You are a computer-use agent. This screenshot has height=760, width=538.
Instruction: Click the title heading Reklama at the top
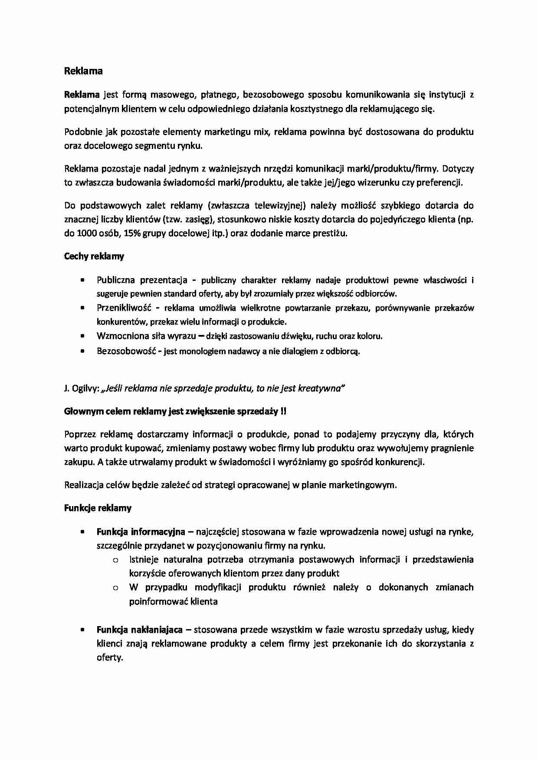click(83, 71)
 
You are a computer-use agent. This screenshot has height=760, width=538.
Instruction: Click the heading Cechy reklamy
click(94, 256)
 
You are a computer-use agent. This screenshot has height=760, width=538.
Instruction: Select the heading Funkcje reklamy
click(98, 508)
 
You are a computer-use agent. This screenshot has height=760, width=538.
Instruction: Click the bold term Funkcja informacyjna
click(141, 531)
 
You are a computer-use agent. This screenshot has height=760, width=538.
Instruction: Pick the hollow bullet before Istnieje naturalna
click(115, 560)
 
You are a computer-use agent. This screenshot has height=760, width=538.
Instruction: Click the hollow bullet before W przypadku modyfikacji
click(115, 588)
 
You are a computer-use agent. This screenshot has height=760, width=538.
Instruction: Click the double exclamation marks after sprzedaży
click(283, 411)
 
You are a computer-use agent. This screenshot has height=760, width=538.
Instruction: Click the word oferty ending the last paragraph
click(109, 657)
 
